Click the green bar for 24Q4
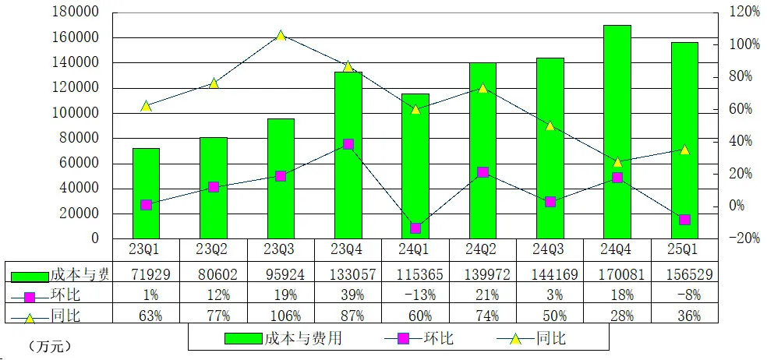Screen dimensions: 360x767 coord(617,132)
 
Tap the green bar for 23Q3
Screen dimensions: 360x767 coord(281,178)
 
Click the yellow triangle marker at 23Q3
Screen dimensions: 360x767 coord(281,36)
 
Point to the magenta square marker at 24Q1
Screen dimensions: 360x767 coord(415,228)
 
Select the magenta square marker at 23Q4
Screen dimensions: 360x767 coord(348,144)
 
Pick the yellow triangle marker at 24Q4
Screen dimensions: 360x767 coord(617,162)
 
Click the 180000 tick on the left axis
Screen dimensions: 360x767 coord(77,12)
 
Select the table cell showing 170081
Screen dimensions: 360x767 coord(617,274)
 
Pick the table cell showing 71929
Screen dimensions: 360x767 coord(146,274)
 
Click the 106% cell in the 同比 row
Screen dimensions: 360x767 coord(281,316)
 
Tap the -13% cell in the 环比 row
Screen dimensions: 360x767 coord(415,295)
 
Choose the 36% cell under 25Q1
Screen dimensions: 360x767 coord(684,316)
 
